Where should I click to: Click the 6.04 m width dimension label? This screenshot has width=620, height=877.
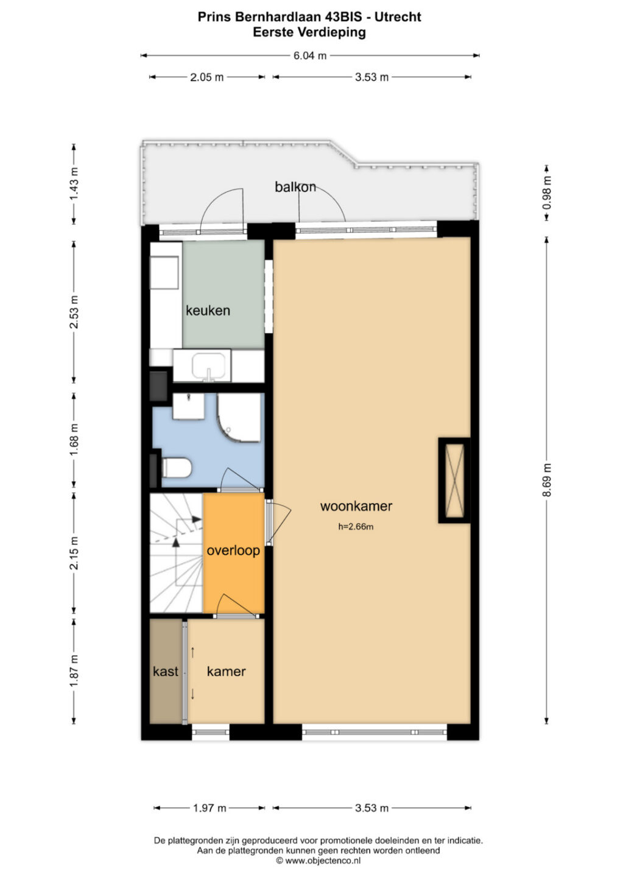(x=309, y=55)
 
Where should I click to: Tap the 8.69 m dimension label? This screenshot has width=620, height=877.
(x=546, y=480)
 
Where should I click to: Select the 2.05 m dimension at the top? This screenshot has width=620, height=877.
(x=206, y=77)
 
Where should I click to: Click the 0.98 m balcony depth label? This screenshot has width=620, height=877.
(x=547, y=192)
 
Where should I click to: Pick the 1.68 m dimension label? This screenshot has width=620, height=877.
(x=74, y=439)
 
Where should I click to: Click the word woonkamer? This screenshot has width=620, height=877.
(x=356, y=506)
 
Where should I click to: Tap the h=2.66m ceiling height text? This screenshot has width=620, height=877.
(x=356, y=527)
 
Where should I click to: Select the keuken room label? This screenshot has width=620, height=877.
(x=208, y=311)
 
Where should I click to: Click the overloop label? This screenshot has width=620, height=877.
(x=233, y=551)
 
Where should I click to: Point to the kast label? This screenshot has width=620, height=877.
(x=166, y=672)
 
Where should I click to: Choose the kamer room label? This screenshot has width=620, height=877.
(x=226, y=672)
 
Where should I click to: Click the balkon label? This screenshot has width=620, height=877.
(x=295, y=187)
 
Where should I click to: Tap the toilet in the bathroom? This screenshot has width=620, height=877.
(x=176, y=468)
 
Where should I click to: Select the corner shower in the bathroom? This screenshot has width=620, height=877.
(x=239, y=417)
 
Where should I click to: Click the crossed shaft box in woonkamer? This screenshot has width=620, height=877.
(x=454, y=480)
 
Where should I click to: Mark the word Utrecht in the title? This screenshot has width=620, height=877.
(x=398, y=17)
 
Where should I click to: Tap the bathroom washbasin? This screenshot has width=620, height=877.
(x=189, y=406)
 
